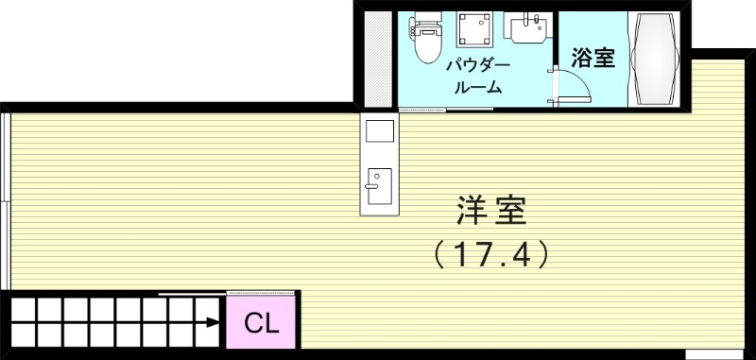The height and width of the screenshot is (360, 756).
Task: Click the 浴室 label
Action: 594,59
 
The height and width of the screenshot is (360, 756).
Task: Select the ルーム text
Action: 478,88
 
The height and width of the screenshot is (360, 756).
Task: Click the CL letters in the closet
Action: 262,324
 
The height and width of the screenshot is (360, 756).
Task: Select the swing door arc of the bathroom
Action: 578,87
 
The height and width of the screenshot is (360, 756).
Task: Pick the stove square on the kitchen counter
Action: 379,132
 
